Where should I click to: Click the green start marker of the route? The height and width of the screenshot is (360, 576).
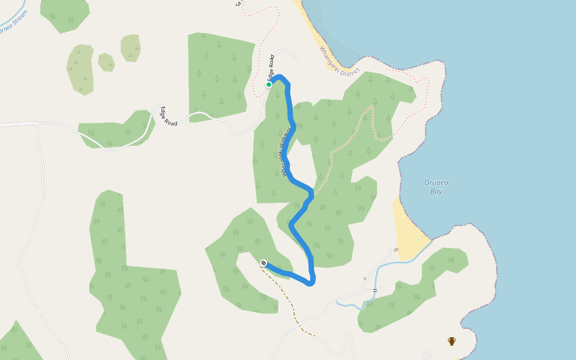269,85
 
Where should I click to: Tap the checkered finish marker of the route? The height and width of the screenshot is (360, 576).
263,263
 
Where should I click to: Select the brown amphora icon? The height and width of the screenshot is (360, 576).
452,341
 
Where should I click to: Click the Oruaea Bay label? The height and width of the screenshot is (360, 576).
433,187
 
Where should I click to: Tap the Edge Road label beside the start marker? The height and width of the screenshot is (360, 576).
271,68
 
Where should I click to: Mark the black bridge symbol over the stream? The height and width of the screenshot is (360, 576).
375,290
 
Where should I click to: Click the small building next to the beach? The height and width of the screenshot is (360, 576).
396,250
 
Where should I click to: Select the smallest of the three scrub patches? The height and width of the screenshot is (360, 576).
106,62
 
